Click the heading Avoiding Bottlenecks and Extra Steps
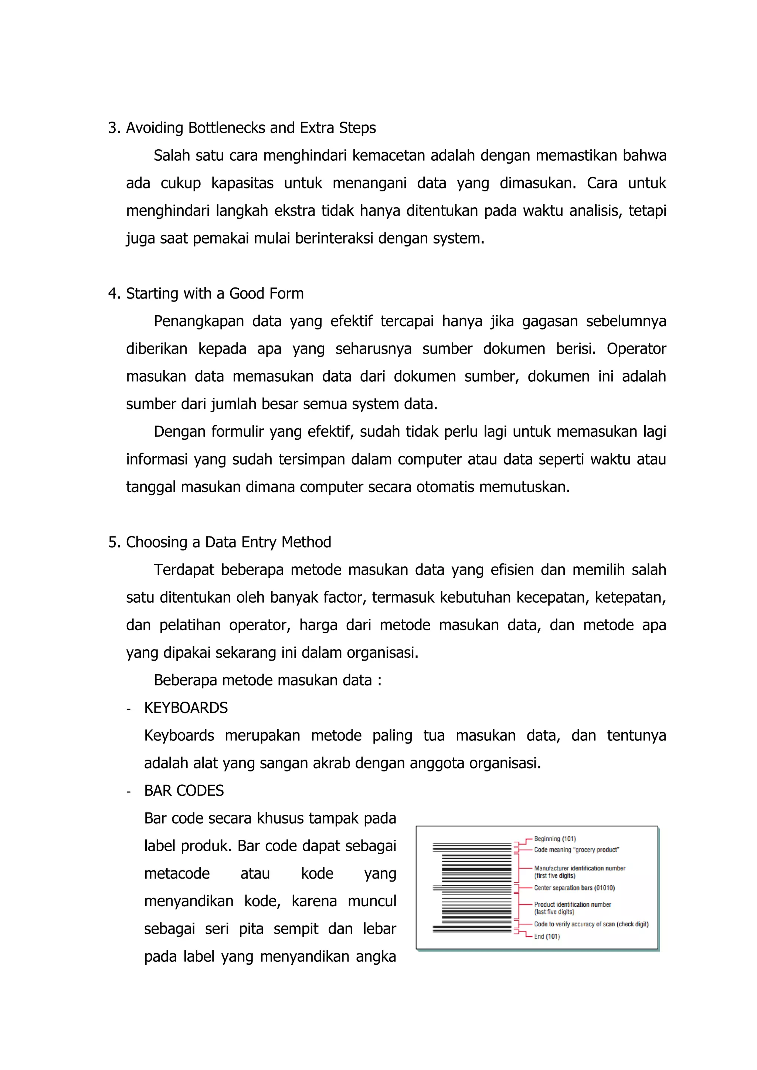pos(250,128)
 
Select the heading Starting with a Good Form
pos(214,294)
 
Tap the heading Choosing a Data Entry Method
pos(228,542)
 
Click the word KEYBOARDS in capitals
pos(186,708)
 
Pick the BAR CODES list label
pos(184,791)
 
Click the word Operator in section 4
pos(636,348)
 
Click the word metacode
pos(177,873)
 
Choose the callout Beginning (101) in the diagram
pos(555,839)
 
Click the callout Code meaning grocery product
pos(576,850)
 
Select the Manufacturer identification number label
pos(580,868)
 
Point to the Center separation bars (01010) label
pos(574,888)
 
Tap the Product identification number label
pos(573,904)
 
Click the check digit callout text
pos(591,924)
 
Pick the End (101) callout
pos(547,937)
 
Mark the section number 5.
pos(112,542)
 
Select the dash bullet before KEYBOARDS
pos(128,709)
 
